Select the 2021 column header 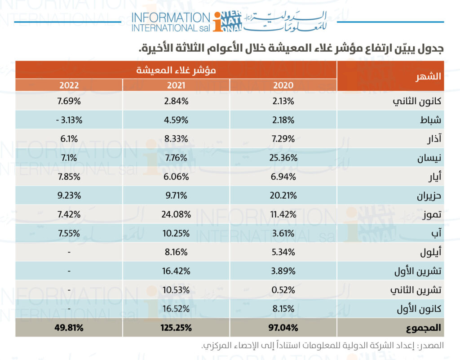(177, 85)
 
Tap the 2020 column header (283, 85)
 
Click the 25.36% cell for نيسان (283, 158)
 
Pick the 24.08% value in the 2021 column (177, 214)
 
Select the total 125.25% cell (177, 328)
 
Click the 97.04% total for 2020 (283, 328)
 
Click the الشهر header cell (429, 76)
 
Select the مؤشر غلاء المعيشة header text (177, 70)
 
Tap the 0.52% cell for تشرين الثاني (283, 290)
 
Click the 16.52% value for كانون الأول (177, 309)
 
